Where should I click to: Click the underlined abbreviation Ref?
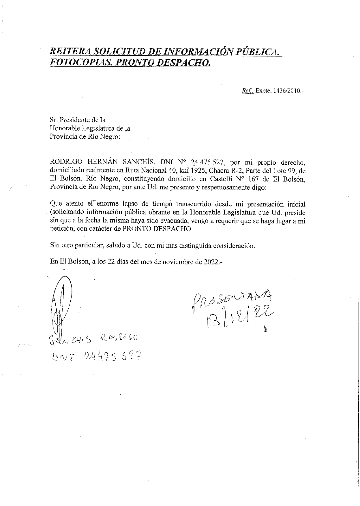point(247,91)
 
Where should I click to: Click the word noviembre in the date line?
point(179,262)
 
